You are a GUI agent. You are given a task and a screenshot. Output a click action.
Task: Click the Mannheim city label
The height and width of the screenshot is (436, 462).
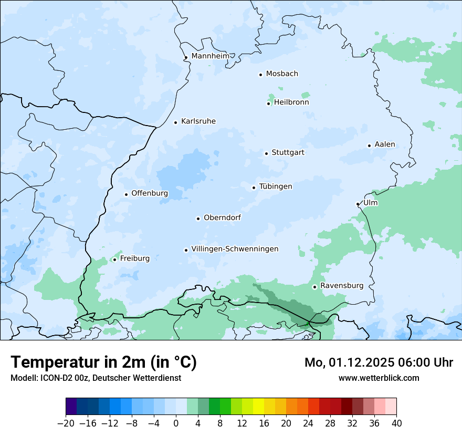click(x=210, y=56)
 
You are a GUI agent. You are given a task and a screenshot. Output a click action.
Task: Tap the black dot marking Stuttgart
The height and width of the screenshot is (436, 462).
click(x=267, y=153)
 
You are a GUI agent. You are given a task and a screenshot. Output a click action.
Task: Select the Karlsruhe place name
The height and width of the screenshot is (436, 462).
click(x=198, y=121)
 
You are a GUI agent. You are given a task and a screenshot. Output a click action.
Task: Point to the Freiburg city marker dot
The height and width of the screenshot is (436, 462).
click(x=114, y=259)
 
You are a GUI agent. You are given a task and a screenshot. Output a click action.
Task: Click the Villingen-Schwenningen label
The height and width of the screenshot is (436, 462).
click(x=235, y=249)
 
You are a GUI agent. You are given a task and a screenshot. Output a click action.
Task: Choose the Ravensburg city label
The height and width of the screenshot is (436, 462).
click(x=341, y=286)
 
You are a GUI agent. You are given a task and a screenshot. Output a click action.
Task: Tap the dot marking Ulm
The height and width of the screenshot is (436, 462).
click(x=358, y=204)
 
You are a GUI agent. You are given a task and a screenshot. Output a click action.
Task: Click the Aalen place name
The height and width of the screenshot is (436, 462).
click(x=385, y=144)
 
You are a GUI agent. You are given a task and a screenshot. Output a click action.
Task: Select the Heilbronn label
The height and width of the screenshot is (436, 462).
click(x=291, y=102)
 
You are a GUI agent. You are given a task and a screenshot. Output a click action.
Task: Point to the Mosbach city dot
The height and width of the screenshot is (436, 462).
click(x=260, y=75)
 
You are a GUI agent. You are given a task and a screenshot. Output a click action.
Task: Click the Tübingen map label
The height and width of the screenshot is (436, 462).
click(x=276, y=186)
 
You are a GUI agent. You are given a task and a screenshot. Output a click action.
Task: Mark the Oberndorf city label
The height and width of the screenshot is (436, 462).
click(x=222, y=217)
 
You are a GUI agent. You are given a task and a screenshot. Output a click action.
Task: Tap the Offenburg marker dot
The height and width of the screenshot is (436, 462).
click(x=126, y=194)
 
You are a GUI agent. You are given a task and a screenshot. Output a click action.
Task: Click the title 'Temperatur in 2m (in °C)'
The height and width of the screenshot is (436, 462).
click(x=103, y=362)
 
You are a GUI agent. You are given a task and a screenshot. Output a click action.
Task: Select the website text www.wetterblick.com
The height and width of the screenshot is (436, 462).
click(x=379, y=378)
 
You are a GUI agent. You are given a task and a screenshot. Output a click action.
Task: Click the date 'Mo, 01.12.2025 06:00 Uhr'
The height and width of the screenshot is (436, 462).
click(x=379, y=362)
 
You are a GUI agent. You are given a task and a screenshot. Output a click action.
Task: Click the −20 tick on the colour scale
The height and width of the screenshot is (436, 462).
click(x=66, y=423)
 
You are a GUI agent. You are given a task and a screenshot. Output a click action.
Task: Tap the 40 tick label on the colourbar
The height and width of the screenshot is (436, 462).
click(x=396, y=423)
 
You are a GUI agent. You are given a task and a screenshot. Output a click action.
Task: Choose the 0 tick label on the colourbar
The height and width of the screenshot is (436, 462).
click(x=176, y=423)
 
